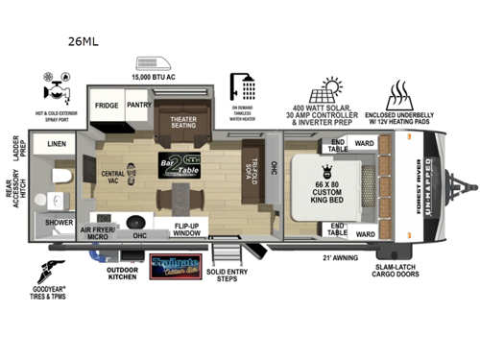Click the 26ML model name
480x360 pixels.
click(82, 41)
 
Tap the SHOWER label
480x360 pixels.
click(58, 221)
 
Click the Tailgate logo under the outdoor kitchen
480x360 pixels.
click(175, 264)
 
